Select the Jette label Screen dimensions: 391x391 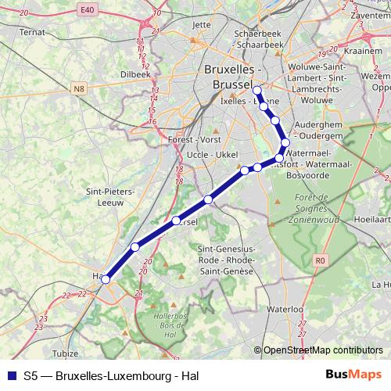coord(201,24)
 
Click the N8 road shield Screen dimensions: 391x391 coord(80,90)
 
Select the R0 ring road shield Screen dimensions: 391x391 coord(319,260)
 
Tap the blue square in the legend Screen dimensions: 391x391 coord(11,375)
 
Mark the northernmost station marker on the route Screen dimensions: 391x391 coord(256,90)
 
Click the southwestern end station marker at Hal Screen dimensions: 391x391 coord(106,278)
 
